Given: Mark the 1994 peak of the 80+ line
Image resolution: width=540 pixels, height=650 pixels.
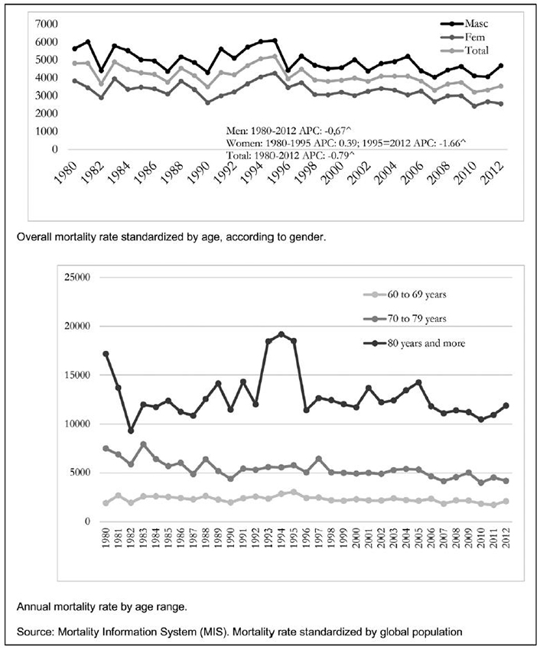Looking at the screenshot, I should click(281, 334).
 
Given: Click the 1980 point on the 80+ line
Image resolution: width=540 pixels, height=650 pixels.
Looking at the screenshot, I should click(106, 353).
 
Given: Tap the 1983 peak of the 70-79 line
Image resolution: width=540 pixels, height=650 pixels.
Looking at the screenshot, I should click(144, 444).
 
